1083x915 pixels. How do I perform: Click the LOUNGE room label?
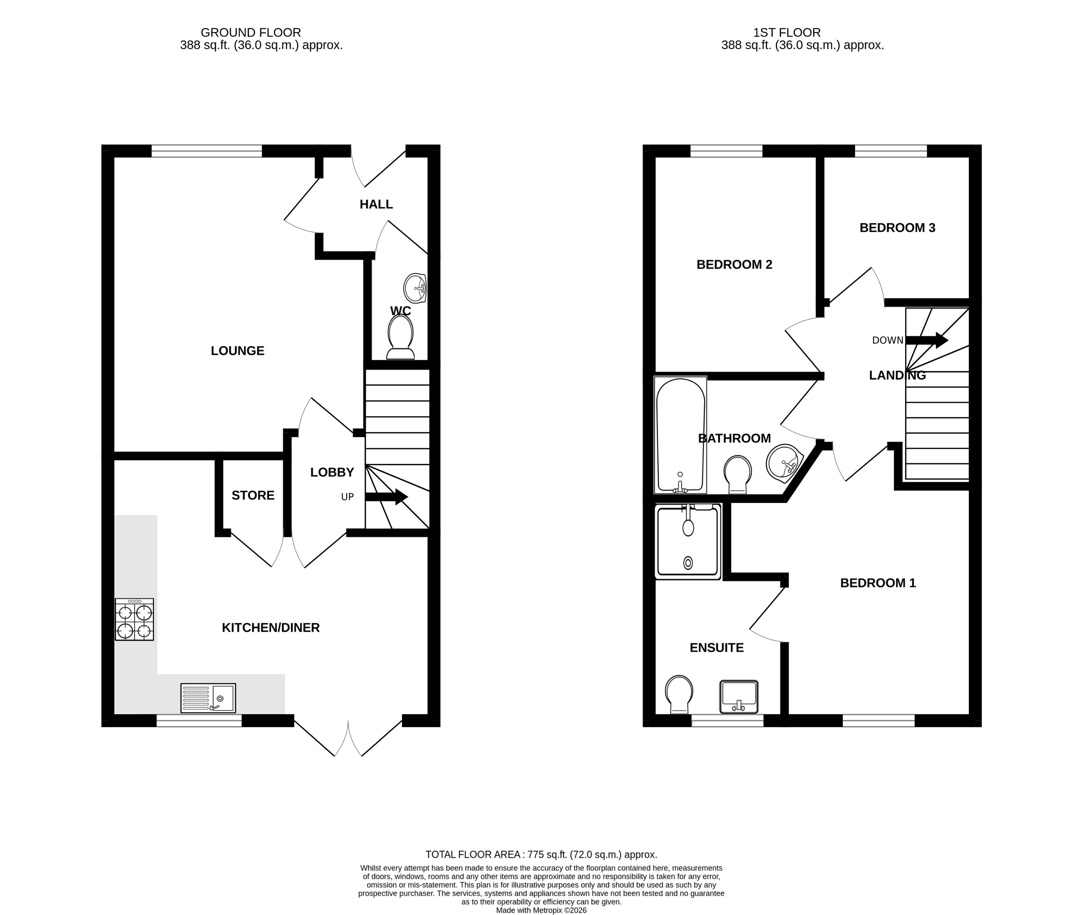coord(237,351)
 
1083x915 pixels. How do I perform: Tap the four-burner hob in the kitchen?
coord(134,619)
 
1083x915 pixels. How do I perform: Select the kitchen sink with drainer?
coord(208,698)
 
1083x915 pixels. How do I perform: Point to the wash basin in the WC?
coord(415,288)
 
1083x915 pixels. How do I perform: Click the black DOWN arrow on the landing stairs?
coord(927,340)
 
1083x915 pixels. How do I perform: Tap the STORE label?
coord(253,495)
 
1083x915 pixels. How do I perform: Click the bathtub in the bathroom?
coord(680,435)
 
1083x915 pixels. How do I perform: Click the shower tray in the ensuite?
coord(688,542)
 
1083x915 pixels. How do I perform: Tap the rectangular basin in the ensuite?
coord(739,697)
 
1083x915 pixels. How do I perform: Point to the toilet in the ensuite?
coord(679,694)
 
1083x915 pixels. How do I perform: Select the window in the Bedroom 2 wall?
coord(726,151)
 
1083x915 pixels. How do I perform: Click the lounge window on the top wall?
coord(207,151)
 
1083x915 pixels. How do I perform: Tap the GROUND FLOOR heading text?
coord(250,33)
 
